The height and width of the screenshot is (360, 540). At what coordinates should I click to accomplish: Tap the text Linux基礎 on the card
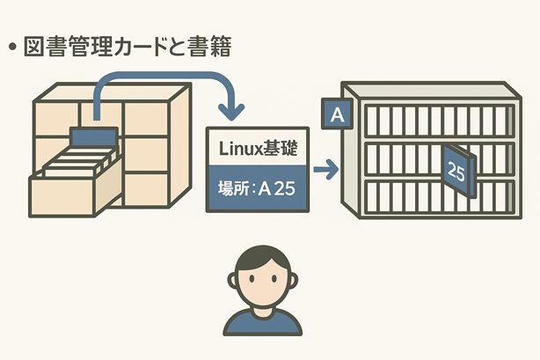[x=256, y=148]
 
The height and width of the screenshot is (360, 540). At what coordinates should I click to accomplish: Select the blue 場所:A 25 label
[x=256, y=187]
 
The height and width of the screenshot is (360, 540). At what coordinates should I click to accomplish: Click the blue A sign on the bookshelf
[x=335, y=113]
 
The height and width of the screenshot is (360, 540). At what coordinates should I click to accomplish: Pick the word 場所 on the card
[x=230, y=188]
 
